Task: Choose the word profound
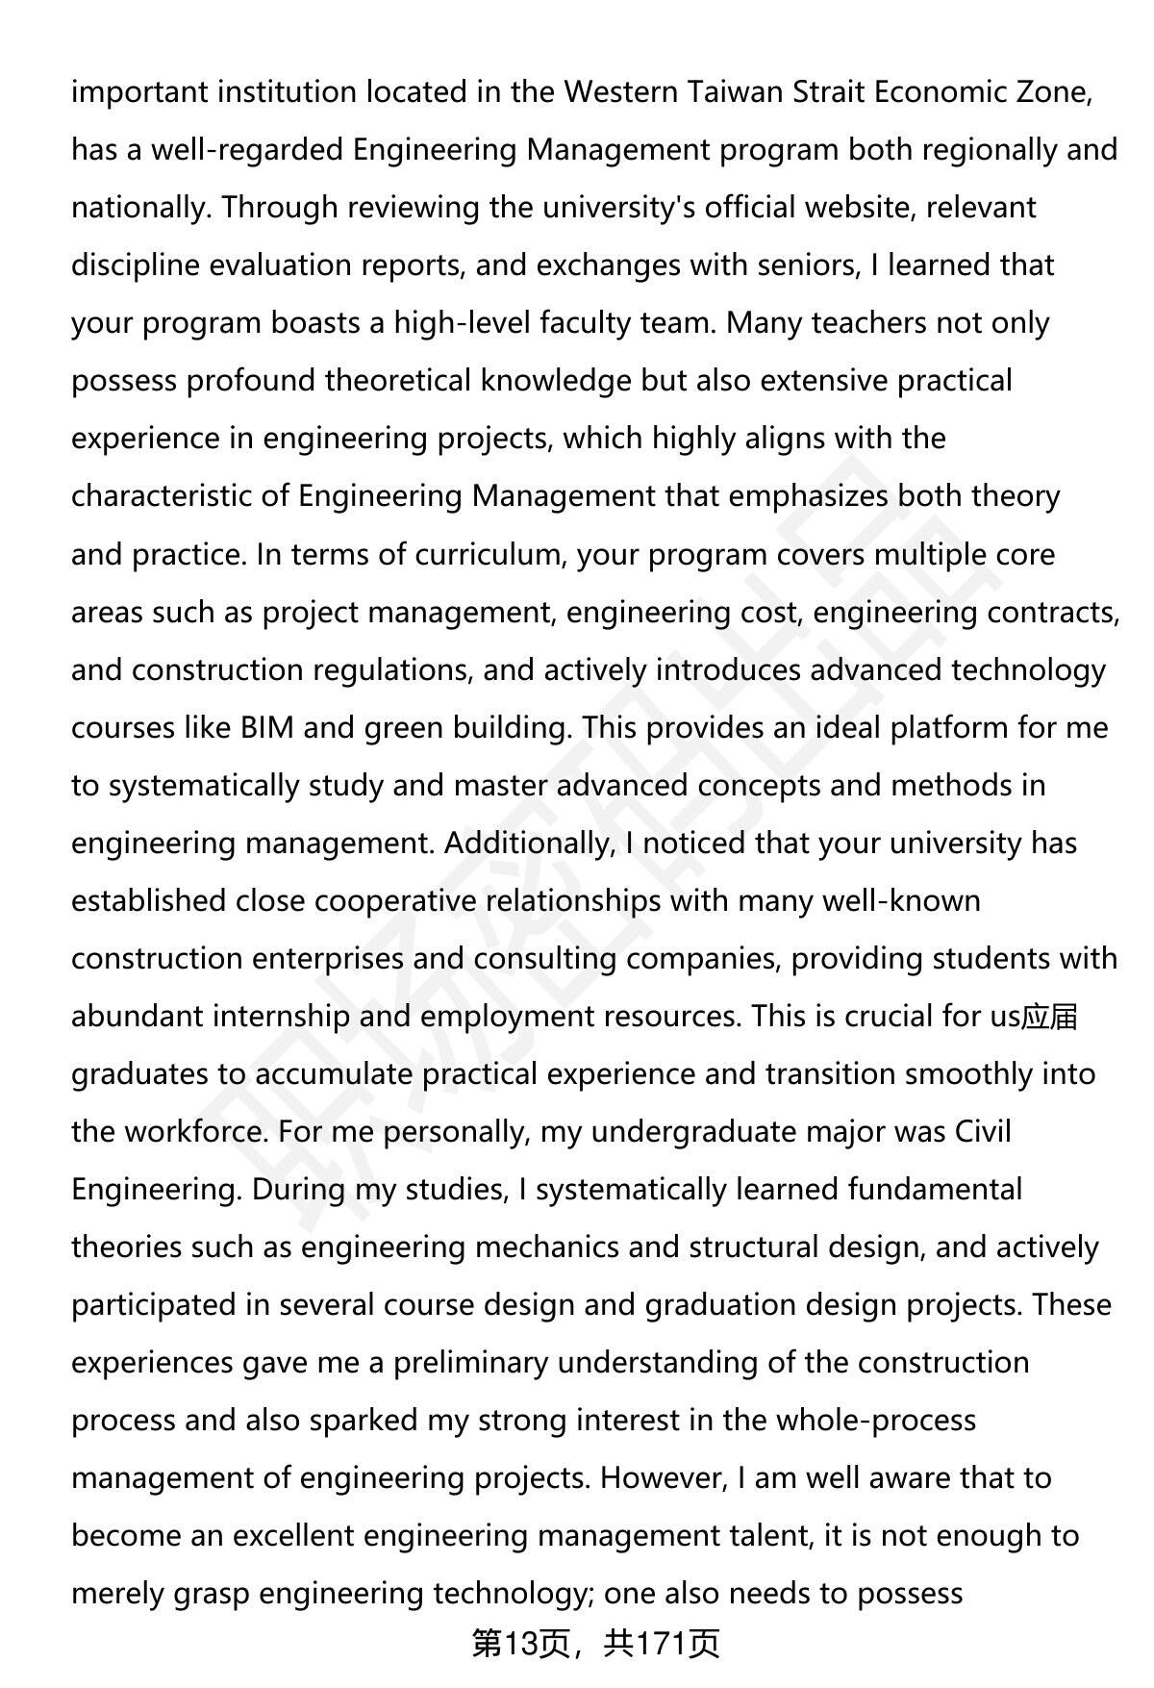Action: tap(250, 381)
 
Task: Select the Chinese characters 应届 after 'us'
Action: tap(1050, 1017)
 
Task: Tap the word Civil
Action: tap(983, 1132)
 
